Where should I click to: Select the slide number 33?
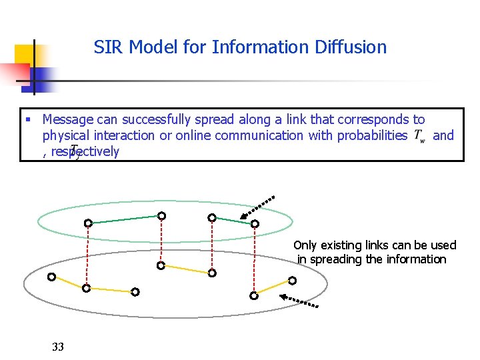[x=58, y=347]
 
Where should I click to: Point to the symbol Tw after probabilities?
[x=419, y=136]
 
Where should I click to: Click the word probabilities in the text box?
[x=373, y=135]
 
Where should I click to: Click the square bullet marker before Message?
[x=27, y=121]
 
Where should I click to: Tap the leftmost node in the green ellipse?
[x=87, y=223]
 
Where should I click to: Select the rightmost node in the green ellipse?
[x=254, y=225]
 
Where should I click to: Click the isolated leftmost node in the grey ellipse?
[x=51, y=277]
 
